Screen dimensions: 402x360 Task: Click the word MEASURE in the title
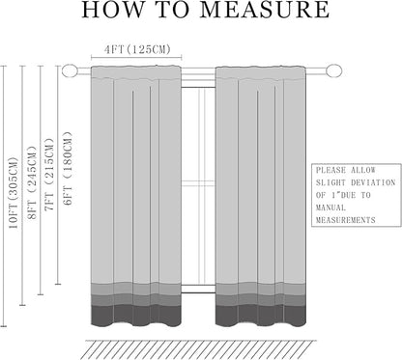(x=265, y=10)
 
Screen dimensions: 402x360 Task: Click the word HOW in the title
(x=112, y=10)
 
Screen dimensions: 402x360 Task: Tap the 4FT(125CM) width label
(x=137, y=49)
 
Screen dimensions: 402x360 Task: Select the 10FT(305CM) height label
(x=14, y=193)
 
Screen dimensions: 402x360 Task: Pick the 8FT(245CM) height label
(x=32, y=182)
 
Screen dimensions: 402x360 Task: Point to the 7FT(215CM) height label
(x=49, y=175)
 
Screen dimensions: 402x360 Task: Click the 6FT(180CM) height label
(x=68, y=168)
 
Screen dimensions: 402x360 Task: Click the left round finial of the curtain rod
(x=70, y=70)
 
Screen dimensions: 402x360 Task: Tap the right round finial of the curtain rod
(x=333, y=70)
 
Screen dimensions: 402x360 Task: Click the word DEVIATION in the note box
(x=373, y=182)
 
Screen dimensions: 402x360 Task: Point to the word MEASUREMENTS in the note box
(x=346, y=220)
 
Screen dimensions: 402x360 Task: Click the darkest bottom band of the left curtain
(x=136, y=315)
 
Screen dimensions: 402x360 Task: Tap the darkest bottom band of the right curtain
(x=260, y=315)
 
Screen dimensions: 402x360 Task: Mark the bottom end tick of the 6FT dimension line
(x=58, y=284)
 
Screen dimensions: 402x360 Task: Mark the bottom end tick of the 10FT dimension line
(x=4, y=326)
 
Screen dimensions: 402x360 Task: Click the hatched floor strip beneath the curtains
(x=199, y=349)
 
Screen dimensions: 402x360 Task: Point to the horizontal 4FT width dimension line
(x=136, y=58)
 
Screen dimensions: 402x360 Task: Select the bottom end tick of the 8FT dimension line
(x=22, y=305)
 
